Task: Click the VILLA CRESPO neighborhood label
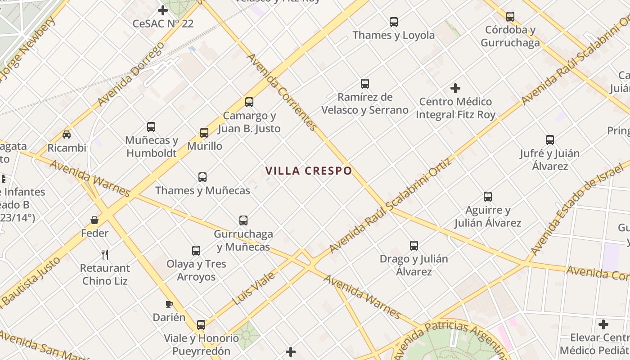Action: (x=308, y=171)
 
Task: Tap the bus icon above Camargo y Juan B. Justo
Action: (x=249, y=102)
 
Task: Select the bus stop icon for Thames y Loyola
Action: (x=394, y=22)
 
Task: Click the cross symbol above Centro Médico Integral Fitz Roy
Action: (x=455, y=88)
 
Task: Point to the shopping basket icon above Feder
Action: (x=94, y=220)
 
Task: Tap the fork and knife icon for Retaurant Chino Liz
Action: (x=105, y=255)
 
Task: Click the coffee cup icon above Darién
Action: (x=169, y=305)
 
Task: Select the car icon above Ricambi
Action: (x=67, y=134)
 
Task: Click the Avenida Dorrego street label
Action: (x=130, y=75)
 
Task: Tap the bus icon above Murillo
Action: (x=204, y=132)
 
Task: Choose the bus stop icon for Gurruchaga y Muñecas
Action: (x=243, y=220)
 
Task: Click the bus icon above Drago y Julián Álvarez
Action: (x=414, y=246)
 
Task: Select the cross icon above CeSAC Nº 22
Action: (x=163, y=10)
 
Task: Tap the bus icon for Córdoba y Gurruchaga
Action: (x=510, y=17)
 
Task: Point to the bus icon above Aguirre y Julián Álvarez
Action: (x=488, y=197)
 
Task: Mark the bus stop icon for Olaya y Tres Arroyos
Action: (x=196, y=251)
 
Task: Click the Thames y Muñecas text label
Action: (x=202, y=190)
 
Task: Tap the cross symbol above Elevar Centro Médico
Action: (x=603, y=324)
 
